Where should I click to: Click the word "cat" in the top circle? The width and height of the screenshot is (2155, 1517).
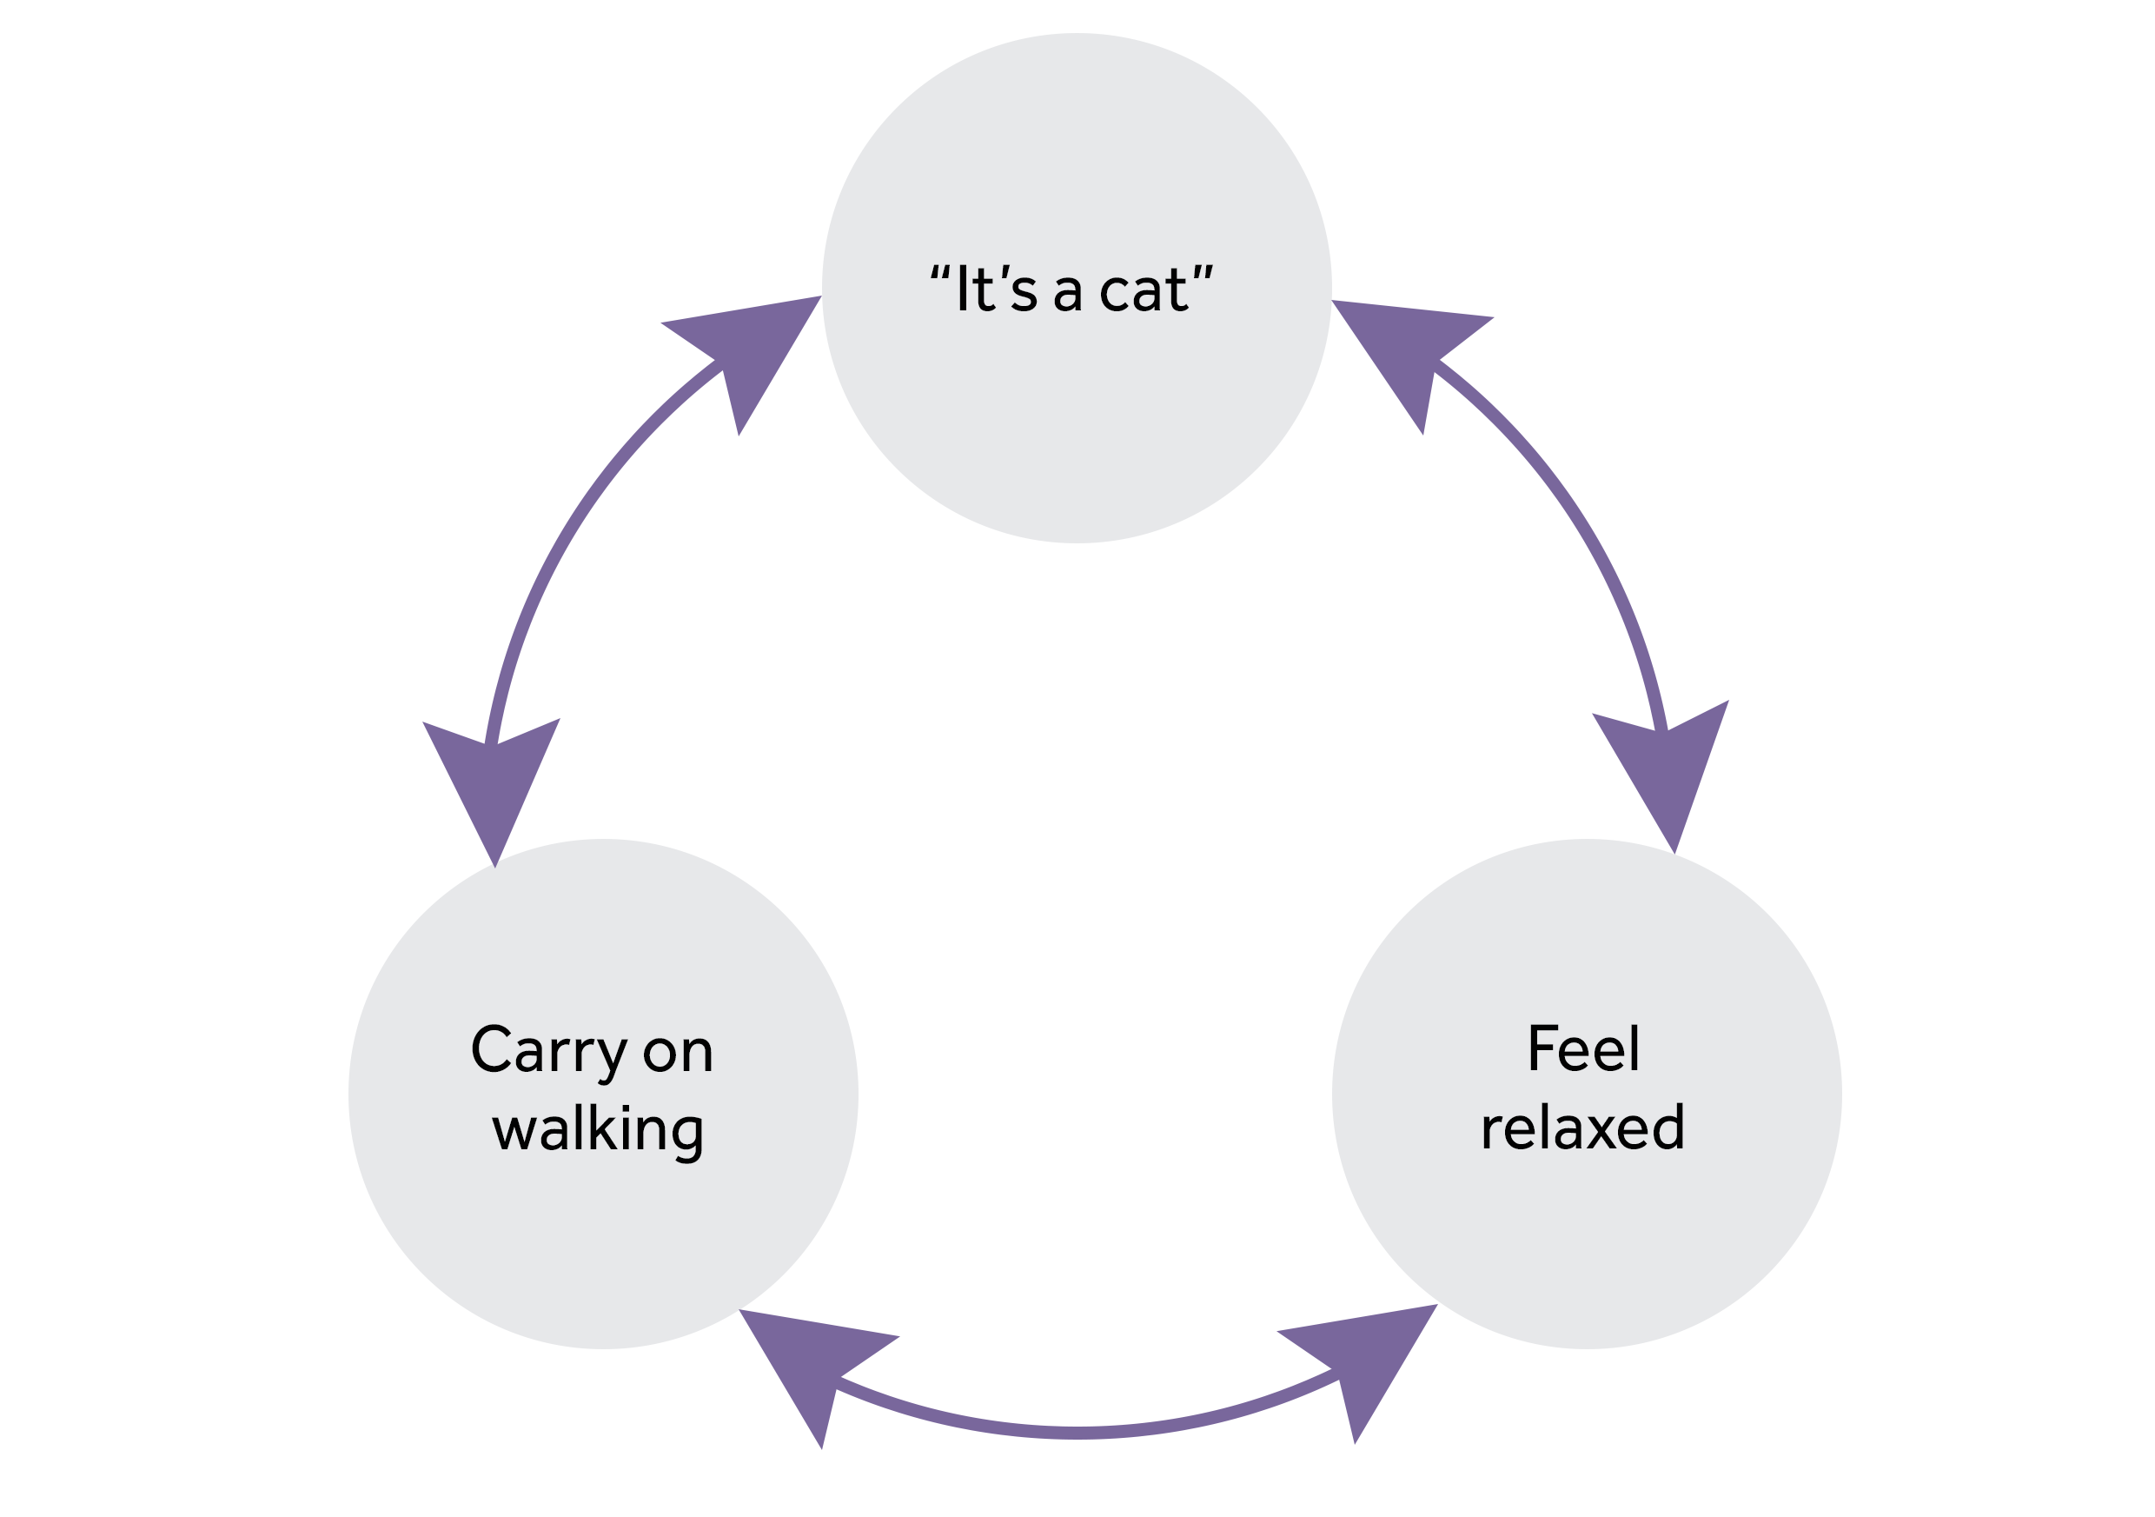coord(1144,290)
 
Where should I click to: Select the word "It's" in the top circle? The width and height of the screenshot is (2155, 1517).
coord(997,289)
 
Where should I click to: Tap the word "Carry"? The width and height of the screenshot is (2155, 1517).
coord(548,1050)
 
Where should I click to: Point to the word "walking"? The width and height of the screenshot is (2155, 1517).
coord(598,1130)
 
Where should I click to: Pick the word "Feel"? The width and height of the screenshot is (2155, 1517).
coord(1584,1048)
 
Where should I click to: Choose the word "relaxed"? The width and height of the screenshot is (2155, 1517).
coord(1583,1128)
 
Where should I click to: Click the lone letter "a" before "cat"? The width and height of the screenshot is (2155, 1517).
coord(1068,293)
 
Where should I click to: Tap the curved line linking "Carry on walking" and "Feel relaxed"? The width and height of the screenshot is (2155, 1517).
coord(1079,1433)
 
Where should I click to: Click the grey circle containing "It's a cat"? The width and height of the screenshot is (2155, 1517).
coord(1077,422)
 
